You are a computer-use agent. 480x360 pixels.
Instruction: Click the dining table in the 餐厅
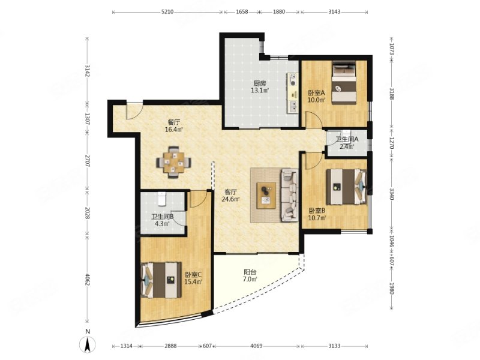tap(174, 162)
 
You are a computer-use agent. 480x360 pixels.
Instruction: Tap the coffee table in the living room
tap(266, 196)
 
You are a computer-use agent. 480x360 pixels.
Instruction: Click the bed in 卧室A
tap(344, 83)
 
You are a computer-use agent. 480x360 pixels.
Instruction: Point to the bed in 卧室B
tap(346, 187)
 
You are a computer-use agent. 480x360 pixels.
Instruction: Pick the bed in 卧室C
tap(161, 280)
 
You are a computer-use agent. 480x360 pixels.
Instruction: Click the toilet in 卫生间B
tap(162, 199)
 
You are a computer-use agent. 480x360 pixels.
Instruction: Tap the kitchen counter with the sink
tap(292, 93)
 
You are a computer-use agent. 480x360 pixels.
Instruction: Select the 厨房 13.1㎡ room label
tap(260, 86)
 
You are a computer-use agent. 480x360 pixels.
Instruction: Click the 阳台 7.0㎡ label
tap(250, 275)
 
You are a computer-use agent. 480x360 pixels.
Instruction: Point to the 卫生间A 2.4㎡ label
tap(347, 143)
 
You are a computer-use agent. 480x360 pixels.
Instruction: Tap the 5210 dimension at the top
tap(167, 12)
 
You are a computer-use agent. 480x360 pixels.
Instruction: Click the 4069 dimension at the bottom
tap(256, 346)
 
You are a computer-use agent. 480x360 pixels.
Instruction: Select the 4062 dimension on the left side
tap(87, 279)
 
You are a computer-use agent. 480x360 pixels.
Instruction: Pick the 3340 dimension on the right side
tap(392, 194)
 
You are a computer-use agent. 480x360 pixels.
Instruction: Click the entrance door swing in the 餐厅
tap(134, 111)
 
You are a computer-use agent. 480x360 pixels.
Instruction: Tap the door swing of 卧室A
tap(313, 119)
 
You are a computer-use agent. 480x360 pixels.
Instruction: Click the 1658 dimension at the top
tap(242, 12)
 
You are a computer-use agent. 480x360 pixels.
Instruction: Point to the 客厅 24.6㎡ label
tap(230, 196)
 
